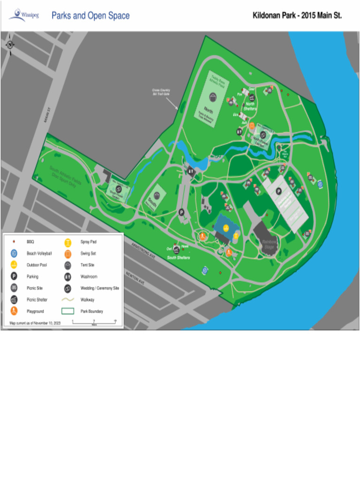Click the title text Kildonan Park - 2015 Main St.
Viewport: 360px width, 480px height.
pyautogui.click(x=297, y=15)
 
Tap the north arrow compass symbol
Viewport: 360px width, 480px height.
pyautogui.click(x=10, y=45)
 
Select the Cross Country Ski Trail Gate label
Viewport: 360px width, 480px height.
pyautogui.click(x=161, y=92)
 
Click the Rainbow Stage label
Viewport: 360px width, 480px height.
pyautogui.click(x=269, y=244)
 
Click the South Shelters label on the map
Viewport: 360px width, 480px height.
pyautogui.click(x=179, y=257)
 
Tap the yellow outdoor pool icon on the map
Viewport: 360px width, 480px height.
pyautogui.click(x=226, y=228)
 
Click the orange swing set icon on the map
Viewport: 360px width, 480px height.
pyautogui.click(x=252, y=125)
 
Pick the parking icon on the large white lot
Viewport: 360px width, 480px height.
pyautogui.click(x=278, y=191)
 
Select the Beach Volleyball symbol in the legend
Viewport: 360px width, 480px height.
pyautogui.click(x=14, y=254)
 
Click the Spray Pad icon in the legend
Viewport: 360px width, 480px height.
pyautogui.click(x=68, y=242)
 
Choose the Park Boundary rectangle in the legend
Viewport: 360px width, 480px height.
pyautogui.click(x=68, y=311)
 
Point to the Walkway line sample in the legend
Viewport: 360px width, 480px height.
pyautogui.click(x=68, y=300)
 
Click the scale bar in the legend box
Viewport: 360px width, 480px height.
pyautogui.click(x=94, y=322)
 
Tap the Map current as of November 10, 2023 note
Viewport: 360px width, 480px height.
pyautogui.click(x=35, y=323)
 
